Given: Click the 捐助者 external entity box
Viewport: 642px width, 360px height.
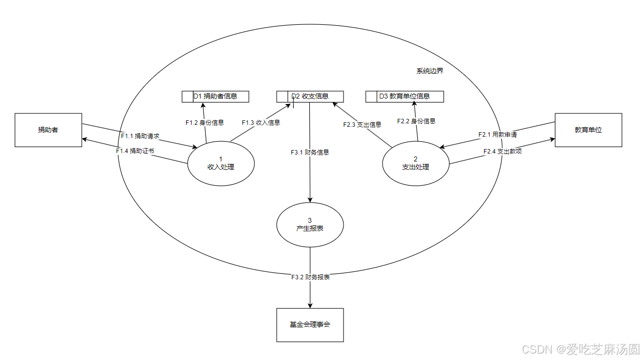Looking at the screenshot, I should click(x=48, y=130).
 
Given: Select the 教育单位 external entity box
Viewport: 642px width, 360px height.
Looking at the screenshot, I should click(x=588, y=130).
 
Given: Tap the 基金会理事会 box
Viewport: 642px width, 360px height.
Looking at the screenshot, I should click(x=309, y=325).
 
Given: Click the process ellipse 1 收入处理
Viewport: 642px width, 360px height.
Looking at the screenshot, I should click(x=221, y=163).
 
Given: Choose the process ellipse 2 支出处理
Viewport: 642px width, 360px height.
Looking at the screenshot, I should click(x=415, y=163).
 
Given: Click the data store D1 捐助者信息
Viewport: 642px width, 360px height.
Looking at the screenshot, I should click(x=215, y=96).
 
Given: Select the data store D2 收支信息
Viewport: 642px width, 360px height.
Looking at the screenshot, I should click(x=310, y=96).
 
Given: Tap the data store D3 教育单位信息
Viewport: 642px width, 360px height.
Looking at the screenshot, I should click(x=404, y=96).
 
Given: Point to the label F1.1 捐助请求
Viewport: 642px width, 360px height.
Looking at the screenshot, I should click(x=140, y=136).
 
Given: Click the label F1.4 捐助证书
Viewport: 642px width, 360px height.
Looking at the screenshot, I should click(x=135, y=151).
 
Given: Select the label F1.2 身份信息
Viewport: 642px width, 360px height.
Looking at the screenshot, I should click(x=204, y=122).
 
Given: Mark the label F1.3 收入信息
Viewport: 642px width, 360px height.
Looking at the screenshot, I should click(x=261, y=122).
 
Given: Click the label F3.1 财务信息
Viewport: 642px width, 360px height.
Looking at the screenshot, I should click(x=310, y=152).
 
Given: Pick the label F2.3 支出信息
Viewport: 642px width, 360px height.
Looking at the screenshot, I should click(x=362, y=124).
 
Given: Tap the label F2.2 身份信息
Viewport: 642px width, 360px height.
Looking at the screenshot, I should click(x=416, y=121).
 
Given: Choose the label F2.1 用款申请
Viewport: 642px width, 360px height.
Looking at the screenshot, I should click(x=497, y=134).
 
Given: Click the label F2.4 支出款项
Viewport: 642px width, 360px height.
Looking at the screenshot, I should click(x=502, y=151).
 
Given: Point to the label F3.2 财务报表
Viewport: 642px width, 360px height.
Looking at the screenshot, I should click(x=310, y=277).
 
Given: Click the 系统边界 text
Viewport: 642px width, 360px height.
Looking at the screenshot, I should click(x=430, y=71).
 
